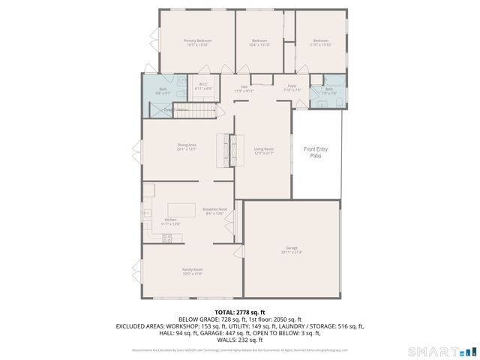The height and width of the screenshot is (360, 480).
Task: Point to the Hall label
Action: click(x=244, y=88)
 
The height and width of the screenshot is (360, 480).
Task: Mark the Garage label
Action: click(x=292, y=250)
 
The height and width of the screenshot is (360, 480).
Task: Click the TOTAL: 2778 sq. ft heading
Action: click(x=240, y=311)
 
